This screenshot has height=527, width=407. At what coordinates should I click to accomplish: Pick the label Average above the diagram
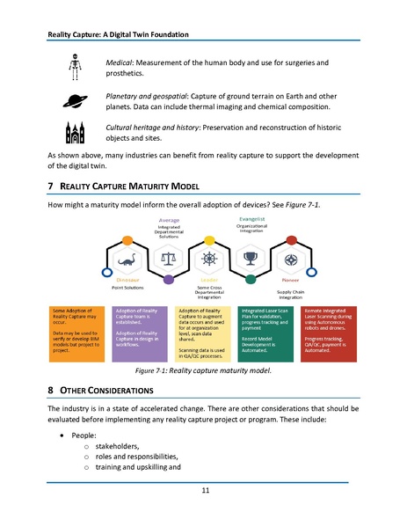[x=169, y=220]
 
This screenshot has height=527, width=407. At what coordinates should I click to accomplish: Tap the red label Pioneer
[x=291, y=280]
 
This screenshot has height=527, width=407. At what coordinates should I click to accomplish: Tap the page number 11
[x=204, y=491]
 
